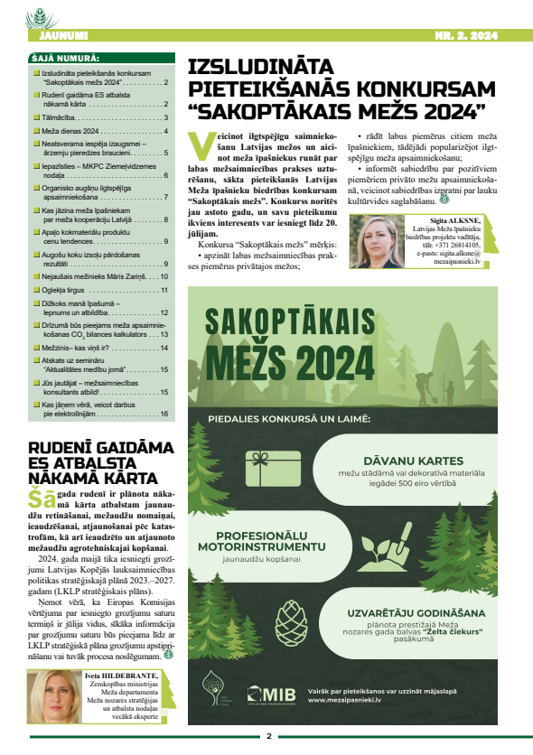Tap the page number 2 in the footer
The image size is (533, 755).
(x=268, y=736)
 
